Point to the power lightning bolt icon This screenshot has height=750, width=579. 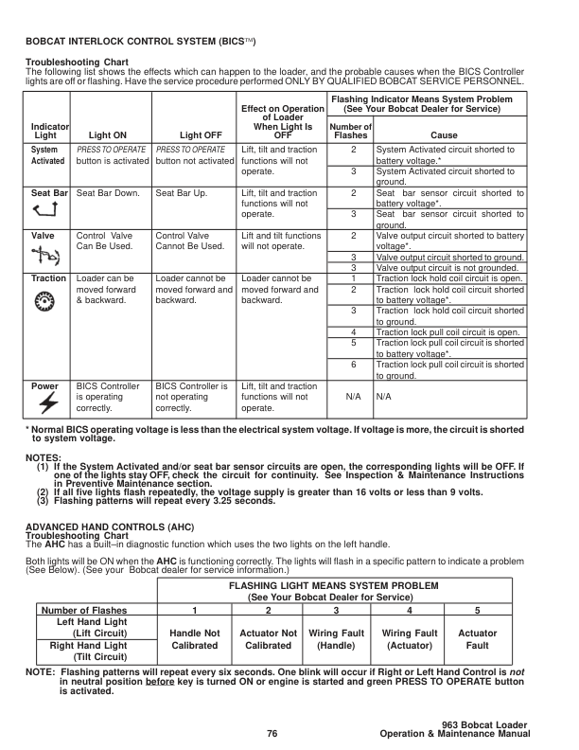(x=45, y=403)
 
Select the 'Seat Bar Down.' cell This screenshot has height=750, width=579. (x=108, y=193)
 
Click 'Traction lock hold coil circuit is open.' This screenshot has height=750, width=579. (x=447, y=278)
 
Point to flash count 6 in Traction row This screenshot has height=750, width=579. (x=353, y=365)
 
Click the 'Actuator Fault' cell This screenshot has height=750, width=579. (x=477, y=638)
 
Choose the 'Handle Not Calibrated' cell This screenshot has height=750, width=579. (x=193, y=638)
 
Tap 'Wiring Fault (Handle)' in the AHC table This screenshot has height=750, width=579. (x=336, y=638)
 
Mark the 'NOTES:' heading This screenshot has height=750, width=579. (x=44, y=457)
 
